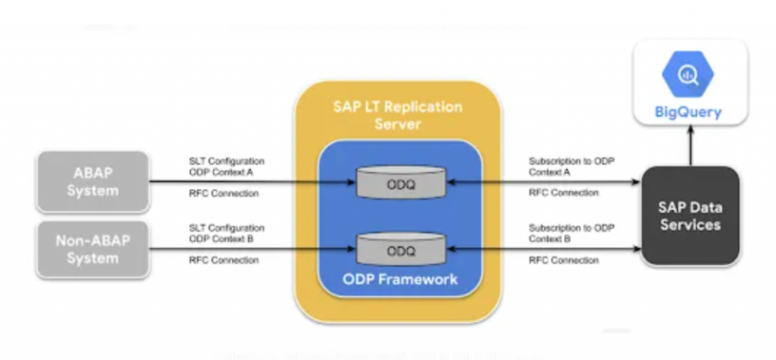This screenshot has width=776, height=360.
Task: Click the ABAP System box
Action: tap(92, 182)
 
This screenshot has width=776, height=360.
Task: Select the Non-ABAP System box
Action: tap(92, 249)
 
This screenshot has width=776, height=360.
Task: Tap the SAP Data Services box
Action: tap(690, 216)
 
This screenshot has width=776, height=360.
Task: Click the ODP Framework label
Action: tap(400, 279)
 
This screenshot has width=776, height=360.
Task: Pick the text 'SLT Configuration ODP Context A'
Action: tap(227, 167)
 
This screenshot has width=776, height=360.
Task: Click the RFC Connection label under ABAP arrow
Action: tap(224, 193)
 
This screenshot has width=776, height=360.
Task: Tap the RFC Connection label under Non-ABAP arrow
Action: tap(224, 261)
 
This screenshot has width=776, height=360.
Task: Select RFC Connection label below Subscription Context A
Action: tap(563, 193)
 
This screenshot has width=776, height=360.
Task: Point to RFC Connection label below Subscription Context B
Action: tap(563, 261)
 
